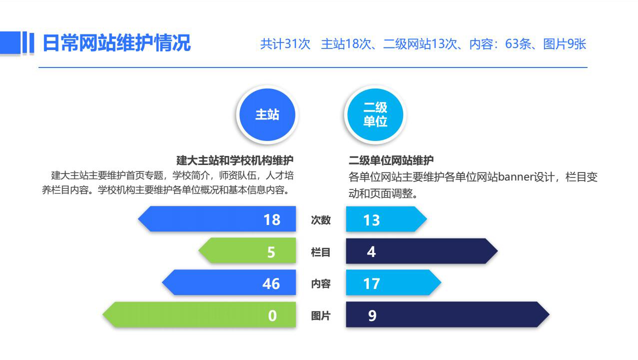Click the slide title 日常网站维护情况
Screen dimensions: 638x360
coord(116,43)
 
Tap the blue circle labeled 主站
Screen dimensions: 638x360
coord(267,114)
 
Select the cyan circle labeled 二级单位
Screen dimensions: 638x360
coord(375,114)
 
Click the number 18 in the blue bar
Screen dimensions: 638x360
coord(272,219)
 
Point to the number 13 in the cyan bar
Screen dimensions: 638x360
coord(371,220)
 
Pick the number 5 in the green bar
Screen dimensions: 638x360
coord(271,252)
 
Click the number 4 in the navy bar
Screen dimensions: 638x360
coord(371,251)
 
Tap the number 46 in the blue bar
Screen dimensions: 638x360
coord(271,283)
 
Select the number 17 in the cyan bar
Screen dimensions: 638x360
coord(371,283)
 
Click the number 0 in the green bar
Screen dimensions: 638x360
coord(272,315)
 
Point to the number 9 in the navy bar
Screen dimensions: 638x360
coord(372,315)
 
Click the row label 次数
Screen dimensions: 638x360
coord(321,220)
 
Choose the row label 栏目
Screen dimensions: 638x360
coord(321,252)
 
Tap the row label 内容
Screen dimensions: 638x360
coord(321,283)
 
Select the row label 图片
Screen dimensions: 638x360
coord(321,315)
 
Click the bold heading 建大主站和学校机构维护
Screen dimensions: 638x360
coord(235,160)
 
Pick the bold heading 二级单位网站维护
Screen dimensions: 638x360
coord(391,160)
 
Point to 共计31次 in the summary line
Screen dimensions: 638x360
coord(285,44)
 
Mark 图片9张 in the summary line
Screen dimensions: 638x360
coord(565,44)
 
